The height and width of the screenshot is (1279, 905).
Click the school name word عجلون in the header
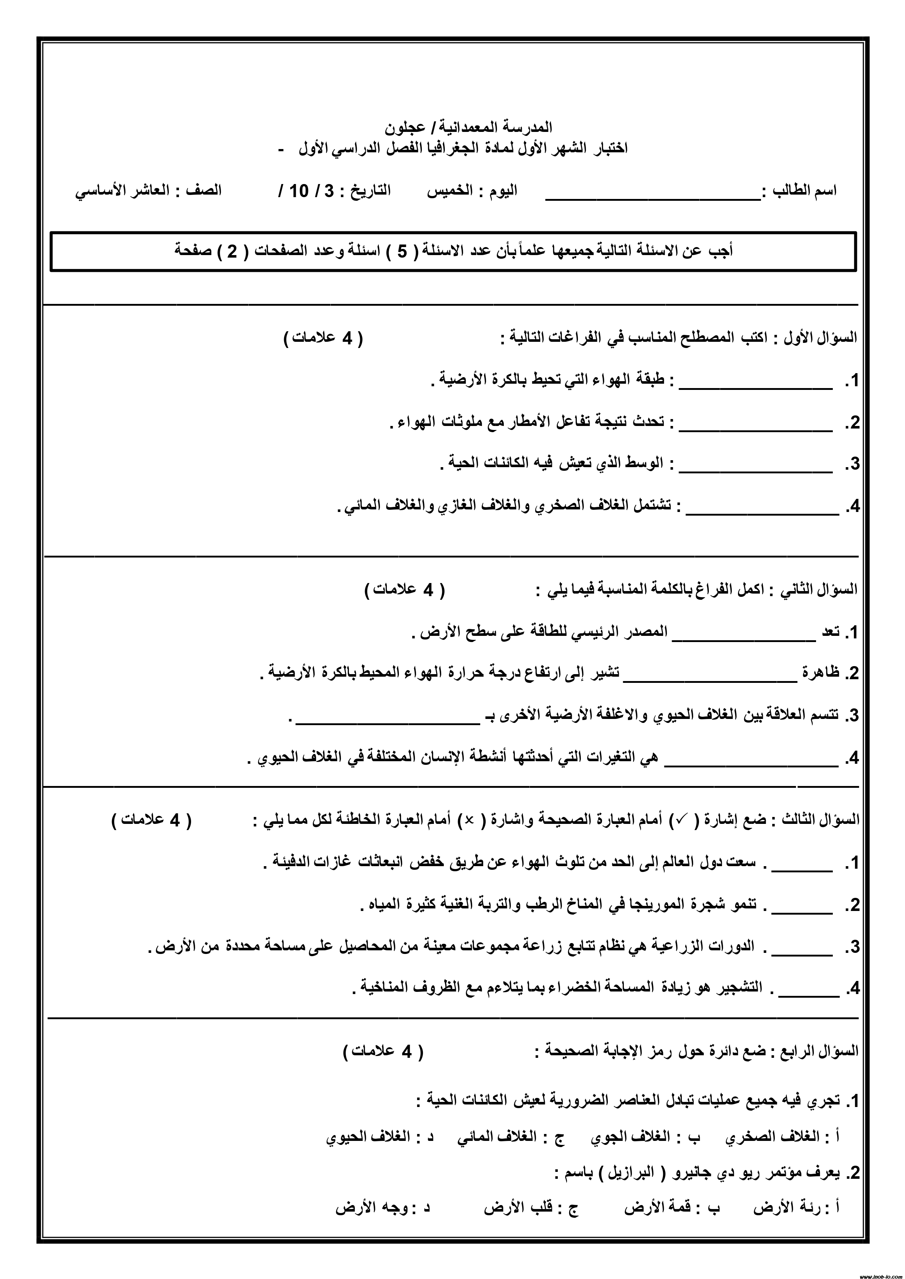tap(405, 128)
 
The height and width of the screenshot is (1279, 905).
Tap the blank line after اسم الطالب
tap(652, 197)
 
